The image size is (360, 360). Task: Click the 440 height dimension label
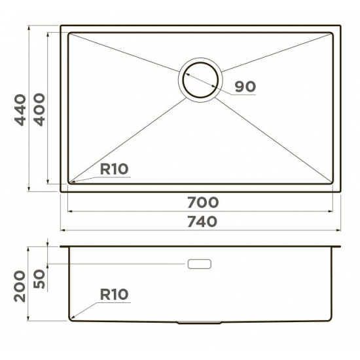click(x=21, y=110)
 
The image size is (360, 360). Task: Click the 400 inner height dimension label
click(x=39, y=110)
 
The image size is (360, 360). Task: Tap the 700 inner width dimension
click(x=203, y=202)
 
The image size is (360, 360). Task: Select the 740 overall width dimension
click(x=202, y=222)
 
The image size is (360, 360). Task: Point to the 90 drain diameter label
click(x=245, y=86)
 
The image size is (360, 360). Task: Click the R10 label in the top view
click(x=114, y=170)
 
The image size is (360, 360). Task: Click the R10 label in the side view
click(x=114, y=295)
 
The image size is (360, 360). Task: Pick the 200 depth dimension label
click(x=20, y=286)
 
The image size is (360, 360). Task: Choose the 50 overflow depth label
click(x=39, y=279)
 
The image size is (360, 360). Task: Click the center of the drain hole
click(x=200, y=80)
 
